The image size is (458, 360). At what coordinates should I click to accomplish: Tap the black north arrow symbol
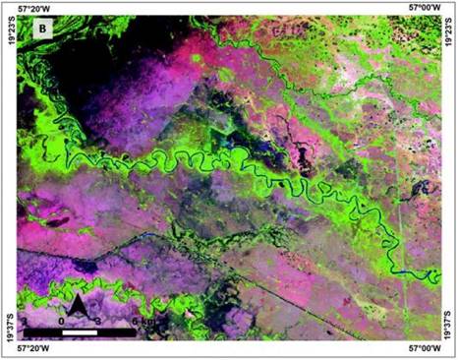click(x=76, y=311)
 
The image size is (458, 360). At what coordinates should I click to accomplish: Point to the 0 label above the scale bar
click(x=62, y=319)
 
